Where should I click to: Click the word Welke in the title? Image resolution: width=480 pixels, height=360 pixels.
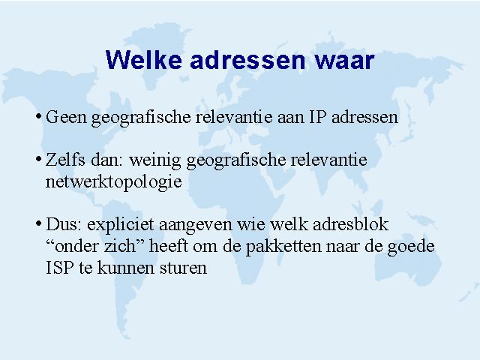point(144,59)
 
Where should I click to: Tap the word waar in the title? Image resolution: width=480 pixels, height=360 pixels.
point(345,60)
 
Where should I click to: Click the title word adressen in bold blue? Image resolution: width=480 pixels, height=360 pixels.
point(248,59)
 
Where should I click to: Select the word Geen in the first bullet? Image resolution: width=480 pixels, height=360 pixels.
point(66,117)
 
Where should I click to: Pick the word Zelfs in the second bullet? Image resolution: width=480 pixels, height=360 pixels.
point(65,160)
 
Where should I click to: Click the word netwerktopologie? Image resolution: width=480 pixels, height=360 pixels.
point(113,182)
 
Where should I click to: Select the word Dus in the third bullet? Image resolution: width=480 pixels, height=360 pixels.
point(64,224)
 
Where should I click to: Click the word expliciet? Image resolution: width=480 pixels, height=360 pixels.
point(120,225)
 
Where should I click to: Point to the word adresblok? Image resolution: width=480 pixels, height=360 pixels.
point(350,224)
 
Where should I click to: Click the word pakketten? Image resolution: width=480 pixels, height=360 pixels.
point(283,247)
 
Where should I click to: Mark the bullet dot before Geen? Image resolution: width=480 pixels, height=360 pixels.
point(38,116)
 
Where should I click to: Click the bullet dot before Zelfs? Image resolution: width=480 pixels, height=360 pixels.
point(38,159)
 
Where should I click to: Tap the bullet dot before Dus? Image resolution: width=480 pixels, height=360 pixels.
point(38,223)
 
